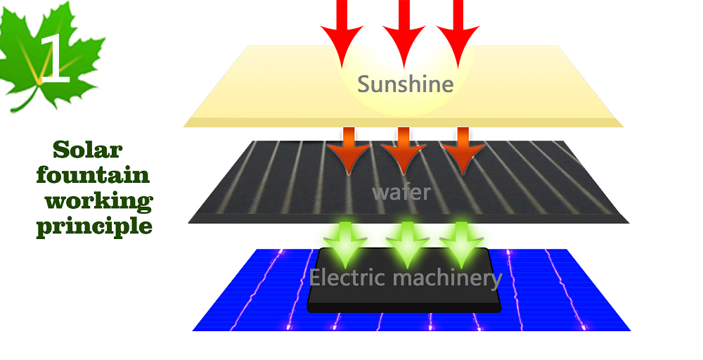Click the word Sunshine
(406, 84)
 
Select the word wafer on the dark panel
(401, 191)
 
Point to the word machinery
(448, 278)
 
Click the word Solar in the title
(88, 150)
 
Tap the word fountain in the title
(93, 175)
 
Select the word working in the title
(99, 201)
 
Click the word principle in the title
(94, 226)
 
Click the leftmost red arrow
(342, 32)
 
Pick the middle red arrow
(404, 32)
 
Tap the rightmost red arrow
(458, 32)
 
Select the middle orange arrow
(403, 150)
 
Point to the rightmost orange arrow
(462, 150)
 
